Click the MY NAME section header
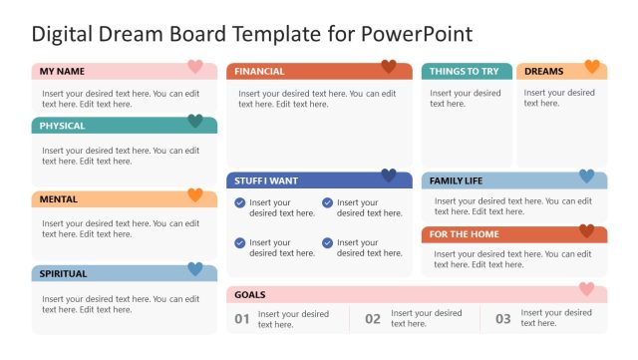pos(62,72)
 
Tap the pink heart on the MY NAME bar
pos(195,67)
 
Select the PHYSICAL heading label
pos(62,126)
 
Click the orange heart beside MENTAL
pos(195,194)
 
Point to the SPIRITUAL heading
pos(63,273)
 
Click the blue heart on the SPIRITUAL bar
pos(195,268)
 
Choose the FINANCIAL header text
pos(259,72)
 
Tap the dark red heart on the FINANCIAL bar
pos(389,67)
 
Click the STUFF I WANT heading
pos(266,180)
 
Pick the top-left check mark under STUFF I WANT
pos(239,202)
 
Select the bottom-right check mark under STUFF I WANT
pos(327,242)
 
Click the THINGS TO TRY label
pos(464,72)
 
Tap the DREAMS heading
pos(543,72)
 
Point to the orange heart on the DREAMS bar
pos(592,67)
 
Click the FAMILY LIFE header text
pos(456,180)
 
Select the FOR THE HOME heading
pos(465,234)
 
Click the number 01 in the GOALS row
pos(242,319)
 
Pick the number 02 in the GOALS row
pos(373,319)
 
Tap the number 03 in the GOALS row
pos(503,319)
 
